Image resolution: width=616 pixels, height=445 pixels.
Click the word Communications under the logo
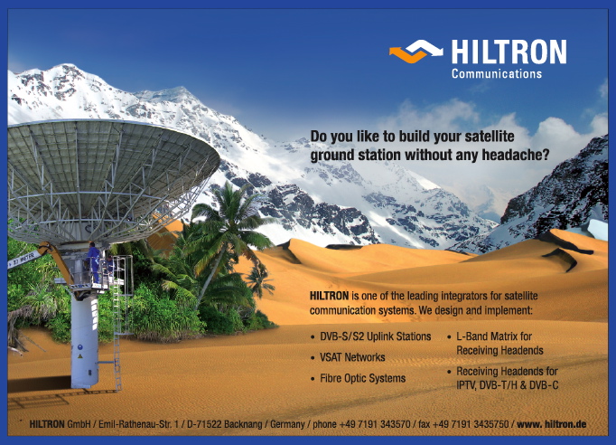click(x=497, y=73)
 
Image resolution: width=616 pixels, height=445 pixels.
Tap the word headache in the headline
click(x=511, y=155)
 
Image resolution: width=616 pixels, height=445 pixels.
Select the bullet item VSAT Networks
click(x=352, y=357)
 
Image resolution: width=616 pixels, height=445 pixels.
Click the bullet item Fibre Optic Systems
click(x=362, y=378)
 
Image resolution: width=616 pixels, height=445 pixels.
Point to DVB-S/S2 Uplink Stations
click(x=375, y=336)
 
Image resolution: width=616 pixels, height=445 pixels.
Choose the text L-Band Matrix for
click(x=494, y=336)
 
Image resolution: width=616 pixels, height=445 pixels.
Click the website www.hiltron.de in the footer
click(x=552, y=424)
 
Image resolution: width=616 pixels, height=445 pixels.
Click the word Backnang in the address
click(x=243, y=424)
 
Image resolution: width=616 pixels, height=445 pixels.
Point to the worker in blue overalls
click(x=93, y=262)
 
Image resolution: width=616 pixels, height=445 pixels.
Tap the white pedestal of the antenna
click(x=84, y=337)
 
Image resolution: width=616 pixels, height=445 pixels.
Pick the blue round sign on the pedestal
click(x=80, y=347)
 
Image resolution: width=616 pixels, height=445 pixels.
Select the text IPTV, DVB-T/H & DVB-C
click(x=508, y=384)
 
